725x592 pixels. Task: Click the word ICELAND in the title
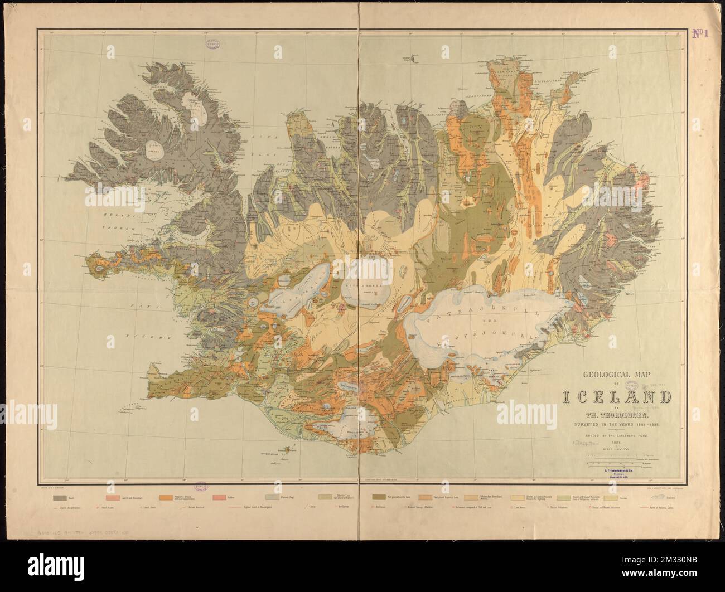pyautogui.click(x=616, y=398)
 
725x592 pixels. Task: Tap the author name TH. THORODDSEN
pyautogui.click(x=616, y=414)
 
